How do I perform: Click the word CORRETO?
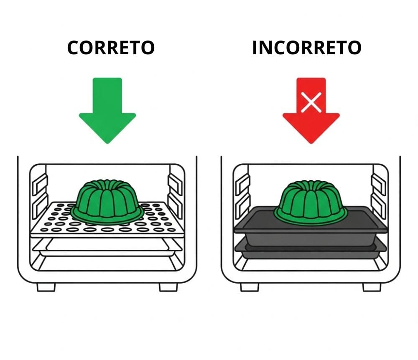coord(111,48)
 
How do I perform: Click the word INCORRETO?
coord(307,48)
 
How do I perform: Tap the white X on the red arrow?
coord(311,102)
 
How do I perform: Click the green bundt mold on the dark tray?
coord(311,200)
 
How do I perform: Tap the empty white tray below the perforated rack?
coord(107,247)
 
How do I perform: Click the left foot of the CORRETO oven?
coord(46,287)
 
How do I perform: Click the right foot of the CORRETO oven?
coord(168,287)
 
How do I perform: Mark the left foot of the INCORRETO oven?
coord(250,287)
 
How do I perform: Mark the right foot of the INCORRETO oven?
coord(372,287)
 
